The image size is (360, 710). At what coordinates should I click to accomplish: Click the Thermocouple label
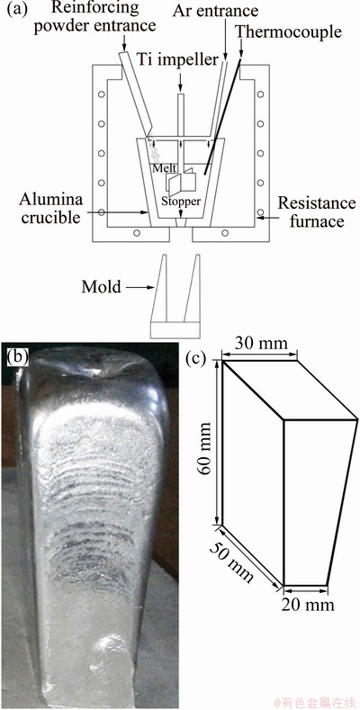pos(289,31)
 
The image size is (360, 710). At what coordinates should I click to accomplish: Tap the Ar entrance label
pos(215,10)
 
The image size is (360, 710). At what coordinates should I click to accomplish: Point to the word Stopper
pos(181,199)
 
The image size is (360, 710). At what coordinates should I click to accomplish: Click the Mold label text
pos(102,286)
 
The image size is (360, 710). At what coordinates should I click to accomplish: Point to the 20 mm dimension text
pos(308,604)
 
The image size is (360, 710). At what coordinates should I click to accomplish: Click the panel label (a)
pos(16,10)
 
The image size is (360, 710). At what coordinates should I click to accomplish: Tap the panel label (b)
pos(19,357)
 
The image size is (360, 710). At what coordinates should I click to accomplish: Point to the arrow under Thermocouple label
pos(240,49)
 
